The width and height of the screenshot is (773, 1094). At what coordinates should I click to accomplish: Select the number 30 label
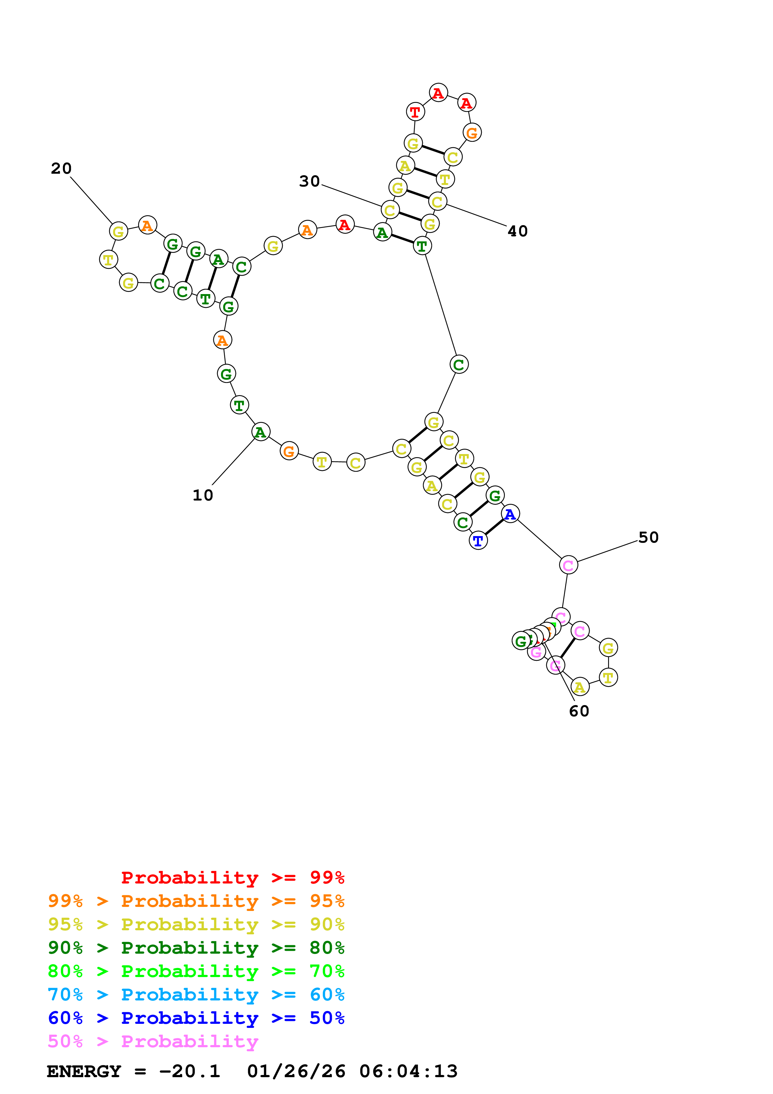pyautogui.click(x=309, y=181)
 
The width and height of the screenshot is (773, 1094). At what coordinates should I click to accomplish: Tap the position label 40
pyautogui.click(x=517, y=231)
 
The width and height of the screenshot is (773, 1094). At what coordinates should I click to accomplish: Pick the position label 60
pyautogui.click(x=579, y=711)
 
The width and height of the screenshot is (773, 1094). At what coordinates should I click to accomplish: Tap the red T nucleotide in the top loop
pyautogui.click(x=415, y=112)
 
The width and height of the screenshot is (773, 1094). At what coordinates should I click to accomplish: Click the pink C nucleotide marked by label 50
pyautogui.click(x=568, y=565)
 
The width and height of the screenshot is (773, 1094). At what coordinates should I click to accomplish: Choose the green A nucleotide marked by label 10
pyautogui.click(x=260, y=432)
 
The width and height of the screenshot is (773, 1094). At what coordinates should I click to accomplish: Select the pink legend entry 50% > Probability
pyautogui.click(x=153, y=1042)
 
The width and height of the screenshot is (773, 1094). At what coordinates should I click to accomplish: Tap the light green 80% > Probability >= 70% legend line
pyautogui.click(x=196, y=971)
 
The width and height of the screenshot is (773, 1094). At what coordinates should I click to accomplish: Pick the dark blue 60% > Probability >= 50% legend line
pyautogui.click(x=196, y=1018)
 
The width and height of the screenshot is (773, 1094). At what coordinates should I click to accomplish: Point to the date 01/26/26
pyautogui.click(x=296, y=1072)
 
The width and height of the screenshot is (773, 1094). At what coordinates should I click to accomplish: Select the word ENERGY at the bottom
pyautogui.click(x=84, y=1072)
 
